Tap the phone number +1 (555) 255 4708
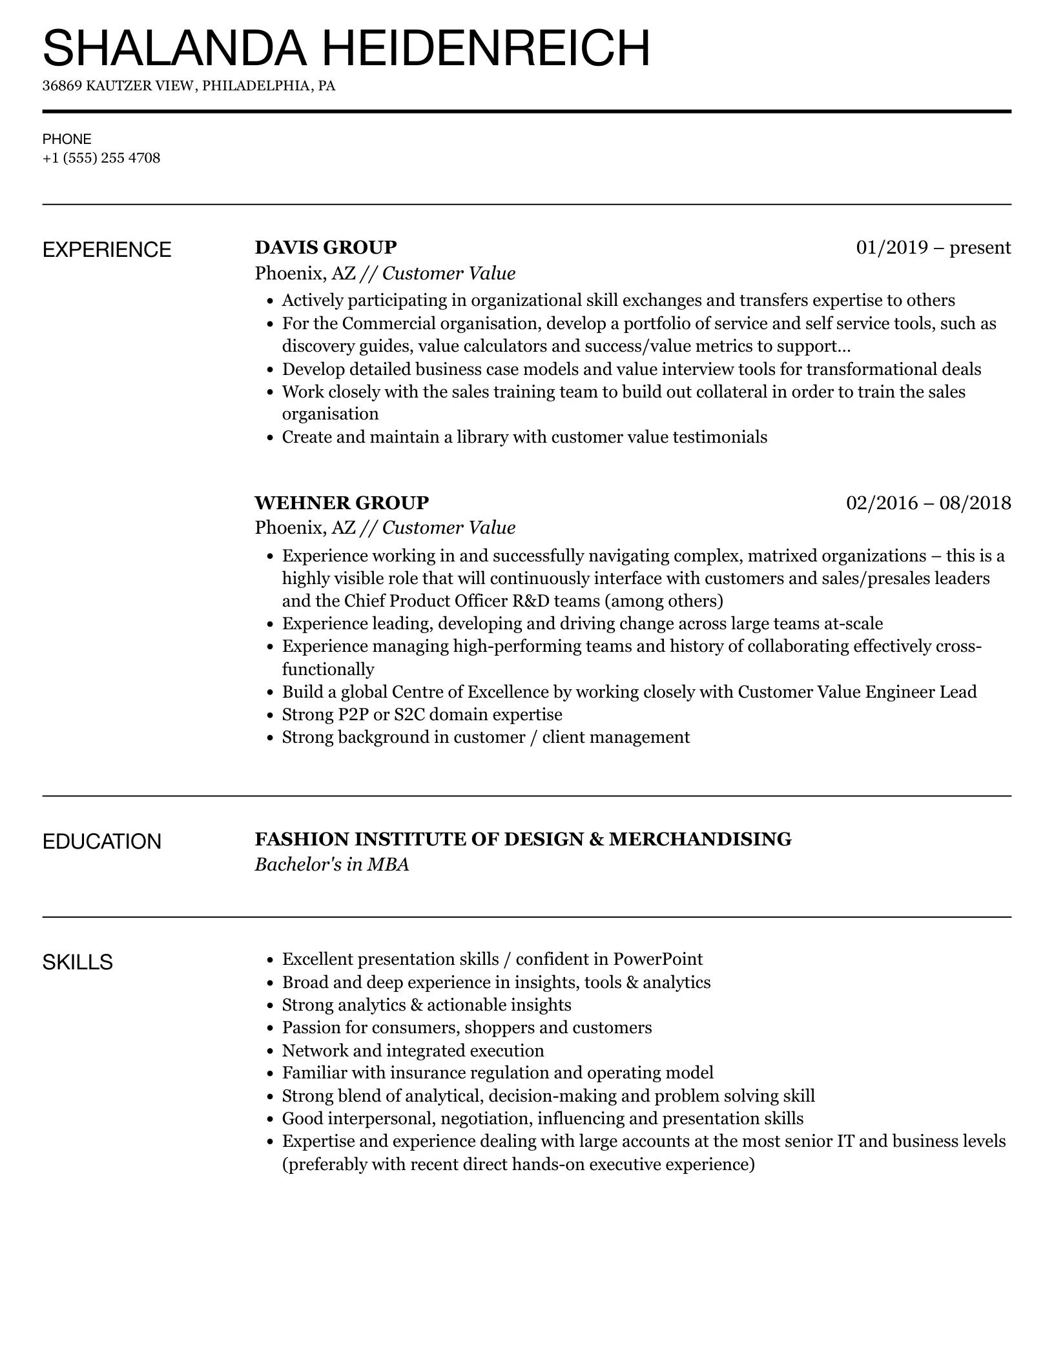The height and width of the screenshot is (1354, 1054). click(101, 158)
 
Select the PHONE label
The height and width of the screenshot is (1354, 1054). click(67, 139)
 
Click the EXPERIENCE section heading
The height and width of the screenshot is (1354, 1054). click(107, 250)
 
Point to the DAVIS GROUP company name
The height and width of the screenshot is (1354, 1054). click(325, 247)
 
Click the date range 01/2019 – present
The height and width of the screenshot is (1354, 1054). click(933, 247)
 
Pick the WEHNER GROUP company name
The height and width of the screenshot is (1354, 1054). click(342, 502)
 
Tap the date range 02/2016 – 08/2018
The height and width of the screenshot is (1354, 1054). click(928, 502)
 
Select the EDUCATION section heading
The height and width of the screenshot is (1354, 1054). click(102, 842)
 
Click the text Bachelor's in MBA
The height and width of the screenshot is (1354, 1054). click(332, 864)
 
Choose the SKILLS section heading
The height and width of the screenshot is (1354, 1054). click(77, 962)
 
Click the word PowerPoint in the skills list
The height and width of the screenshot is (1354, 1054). click(657, 959)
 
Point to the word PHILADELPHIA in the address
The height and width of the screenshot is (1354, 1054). click(258, 86)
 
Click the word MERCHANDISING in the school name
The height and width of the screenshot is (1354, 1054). click(700, 839)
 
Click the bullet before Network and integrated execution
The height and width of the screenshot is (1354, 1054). click(271, 1051)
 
